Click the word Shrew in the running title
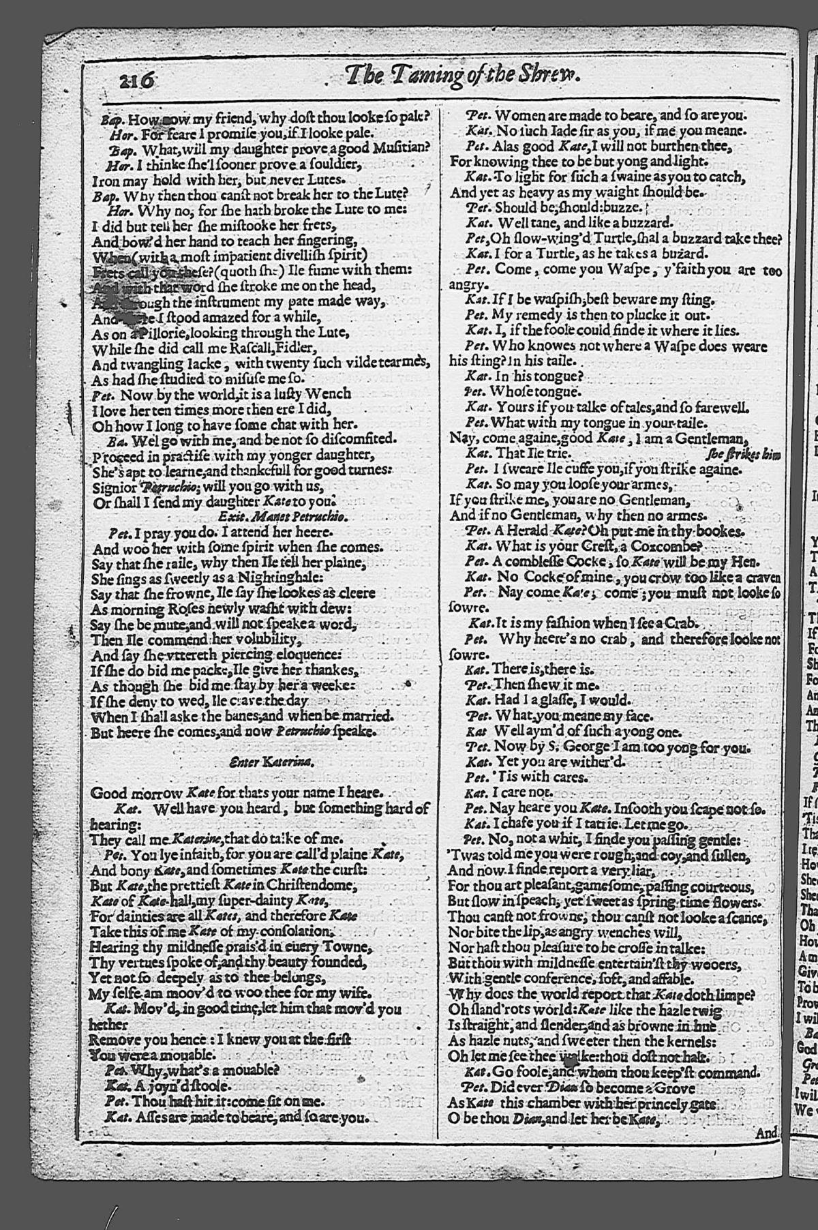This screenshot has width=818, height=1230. pos(553,74)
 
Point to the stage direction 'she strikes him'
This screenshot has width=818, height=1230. pos(744,454)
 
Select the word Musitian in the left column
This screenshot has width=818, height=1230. pos(403,147)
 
